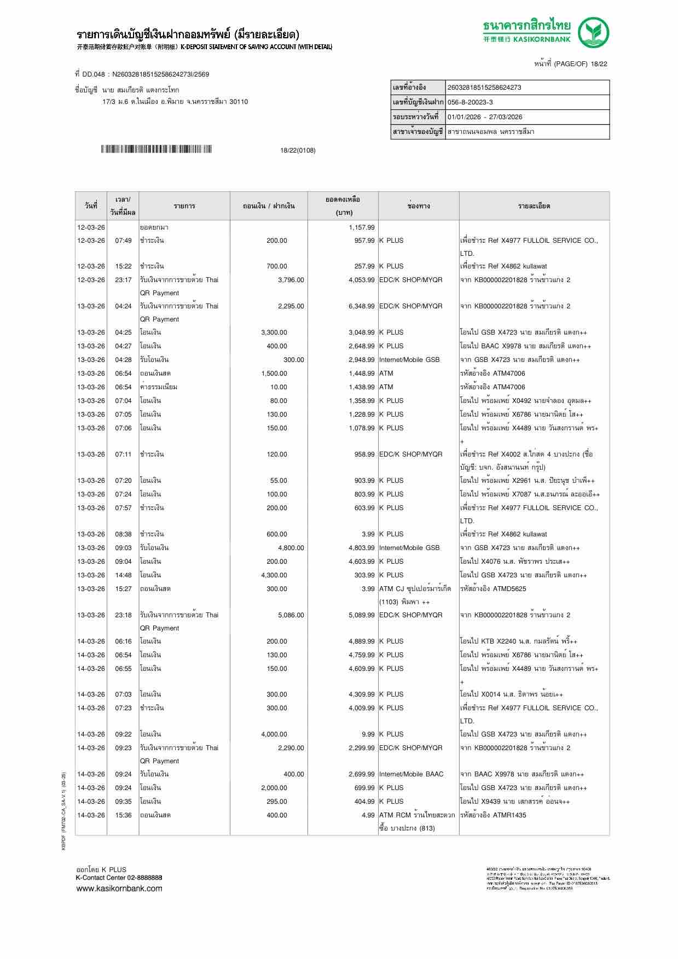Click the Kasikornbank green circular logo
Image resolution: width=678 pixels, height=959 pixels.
(594, 32)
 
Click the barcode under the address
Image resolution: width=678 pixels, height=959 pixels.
(157, 149)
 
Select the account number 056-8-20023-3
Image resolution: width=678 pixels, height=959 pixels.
(470, 102)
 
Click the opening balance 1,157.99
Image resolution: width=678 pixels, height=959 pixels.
(362, 227)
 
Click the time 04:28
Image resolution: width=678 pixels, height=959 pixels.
(123, 360)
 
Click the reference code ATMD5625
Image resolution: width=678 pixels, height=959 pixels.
(509, 589)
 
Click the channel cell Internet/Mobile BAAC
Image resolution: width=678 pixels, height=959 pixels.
(411, 774)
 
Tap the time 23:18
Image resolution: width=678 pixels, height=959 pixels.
(123, 615)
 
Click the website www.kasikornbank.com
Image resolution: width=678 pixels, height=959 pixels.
(119, 888)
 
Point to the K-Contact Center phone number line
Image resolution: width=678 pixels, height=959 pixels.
(119, 878)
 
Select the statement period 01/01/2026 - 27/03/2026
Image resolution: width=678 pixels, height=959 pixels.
(485, 117)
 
